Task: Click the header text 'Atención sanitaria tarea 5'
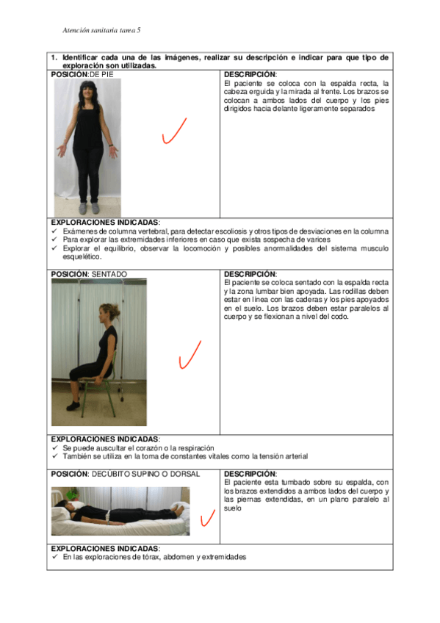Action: point(101,30)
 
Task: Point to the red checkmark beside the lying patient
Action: point(207,519)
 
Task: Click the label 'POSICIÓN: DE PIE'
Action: point(82,74)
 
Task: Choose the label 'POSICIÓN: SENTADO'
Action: point(89,274)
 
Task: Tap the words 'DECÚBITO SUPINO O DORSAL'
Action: point(145,474)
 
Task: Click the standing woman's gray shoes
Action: point(89,208)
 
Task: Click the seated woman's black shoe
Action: point(73,406)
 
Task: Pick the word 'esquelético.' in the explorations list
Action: point(82,256)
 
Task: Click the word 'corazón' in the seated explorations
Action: point(149,448)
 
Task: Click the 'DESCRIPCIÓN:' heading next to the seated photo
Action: point(250,274)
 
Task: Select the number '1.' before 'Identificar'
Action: point(54,57)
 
